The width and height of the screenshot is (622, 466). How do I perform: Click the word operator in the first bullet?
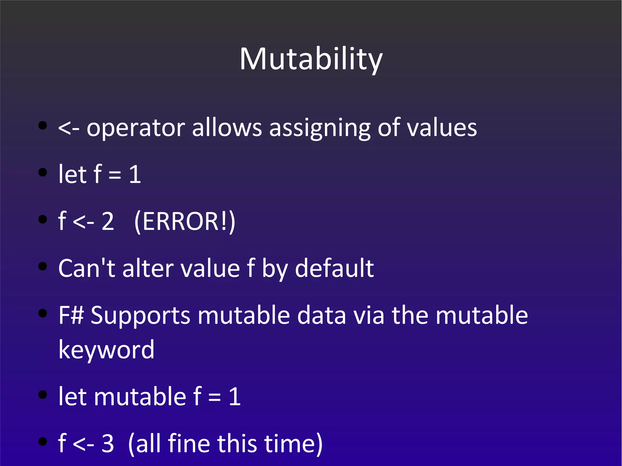pos(136,128)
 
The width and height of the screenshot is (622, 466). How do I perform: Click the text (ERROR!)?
pos(185,222)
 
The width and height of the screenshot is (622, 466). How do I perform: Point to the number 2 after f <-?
pos(108,222)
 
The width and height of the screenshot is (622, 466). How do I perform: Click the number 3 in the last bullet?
pos(108,444)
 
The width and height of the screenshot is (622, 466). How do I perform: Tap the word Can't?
pos(87,268)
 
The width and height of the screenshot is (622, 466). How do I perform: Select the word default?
pos(334,268)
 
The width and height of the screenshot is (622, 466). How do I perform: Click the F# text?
pos(71,315)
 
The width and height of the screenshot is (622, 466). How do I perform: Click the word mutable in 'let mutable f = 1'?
pos(140,396)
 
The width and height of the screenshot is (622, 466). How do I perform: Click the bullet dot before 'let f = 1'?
pos(43,172)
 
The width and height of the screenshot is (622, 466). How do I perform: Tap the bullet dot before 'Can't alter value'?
pos(43,266)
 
